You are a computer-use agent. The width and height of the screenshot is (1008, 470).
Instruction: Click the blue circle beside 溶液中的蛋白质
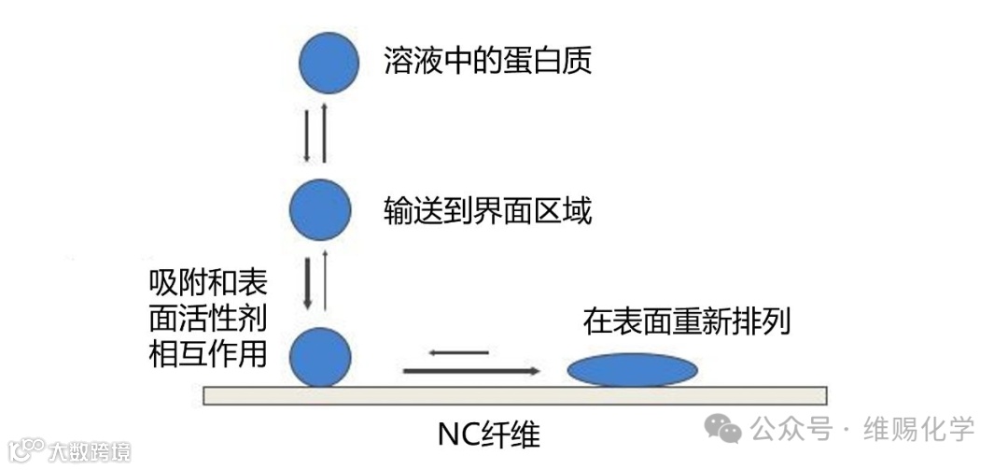pyautogui.click(x=329, y=63)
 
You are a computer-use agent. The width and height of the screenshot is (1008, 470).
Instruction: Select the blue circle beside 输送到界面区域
pyautogui.click(x=320, y=211)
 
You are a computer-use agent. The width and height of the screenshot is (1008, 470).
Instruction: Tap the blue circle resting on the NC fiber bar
pyautogui.click(x=320, y=357)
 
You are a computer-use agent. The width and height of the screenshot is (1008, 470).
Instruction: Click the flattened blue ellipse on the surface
pyautogui.click(x=633, y=370)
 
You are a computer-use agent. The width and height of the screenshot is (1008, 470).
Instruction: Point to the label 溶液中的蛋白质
pyautogui.click(x=487, y=62)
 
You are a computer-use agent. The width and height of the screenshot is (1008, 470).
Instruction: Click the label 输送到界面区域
pyautogui.click(x=487, y=211)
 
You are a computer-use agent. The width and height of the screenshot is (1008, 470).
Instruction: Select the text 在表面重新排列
pyautogui.click(x=687, y=322)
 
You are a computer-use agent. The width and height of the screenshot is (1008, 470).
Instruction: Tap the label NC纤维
pyautogui.click(x=488, y=434)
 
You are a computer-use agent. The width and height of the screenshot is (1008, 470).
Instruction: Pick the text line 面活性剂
pyautogui.click(x=208, y=318)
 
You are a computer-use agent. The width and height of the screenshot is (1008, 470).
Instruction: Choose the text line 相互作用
pyautogui.click(x=208, y=354)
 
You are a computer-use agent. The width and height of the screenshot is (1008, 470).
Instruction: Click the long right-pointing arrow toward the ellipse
pyautogui.click(x=471, y=371)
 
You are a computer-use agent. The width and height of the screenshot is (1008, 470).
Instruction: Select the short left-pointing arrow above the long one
pyautogui.click(x=459, y=352)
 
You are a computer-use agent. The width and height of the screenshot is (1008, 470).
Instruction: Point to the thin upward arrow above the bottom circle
pyautogui.click(x=325, y=280)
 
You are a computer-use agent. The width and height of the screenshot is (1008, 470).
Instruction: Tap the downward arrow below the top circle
pyautogui.click(x=307, y=136)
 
